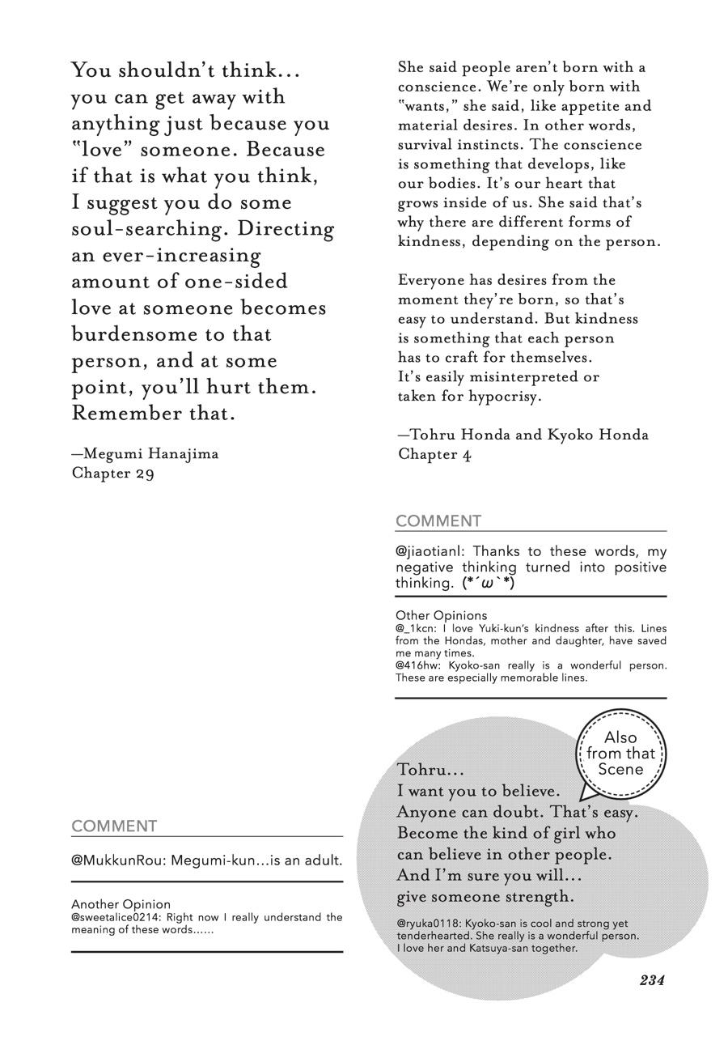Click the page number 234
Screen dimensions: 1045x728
coord(651,980)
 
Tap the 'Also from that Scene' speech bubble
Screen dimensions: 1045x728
coord(620,754)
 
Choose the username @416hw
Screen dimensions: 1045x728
coord(413,665)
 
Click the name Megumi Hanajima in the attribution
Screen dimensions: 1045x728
coord(150,453)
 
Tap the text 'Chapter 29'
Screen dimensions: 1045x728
coord(112,473)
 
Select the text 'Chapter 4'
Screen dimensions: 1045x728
coord(434,454)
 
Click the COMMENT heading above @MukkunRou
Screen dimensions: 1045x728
coord(114,826)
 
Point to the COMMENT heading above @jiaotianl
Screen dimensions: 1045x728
coord(438,520)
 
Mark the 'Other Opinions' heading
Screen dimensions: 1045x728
coord(442,615)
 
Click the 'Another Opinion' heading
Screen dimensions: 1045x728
coord(121,904)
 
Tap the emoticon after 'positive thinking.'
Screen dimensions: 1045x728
coord(488,583)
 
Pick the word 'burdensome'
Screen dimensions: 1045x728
coord(128,334)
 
